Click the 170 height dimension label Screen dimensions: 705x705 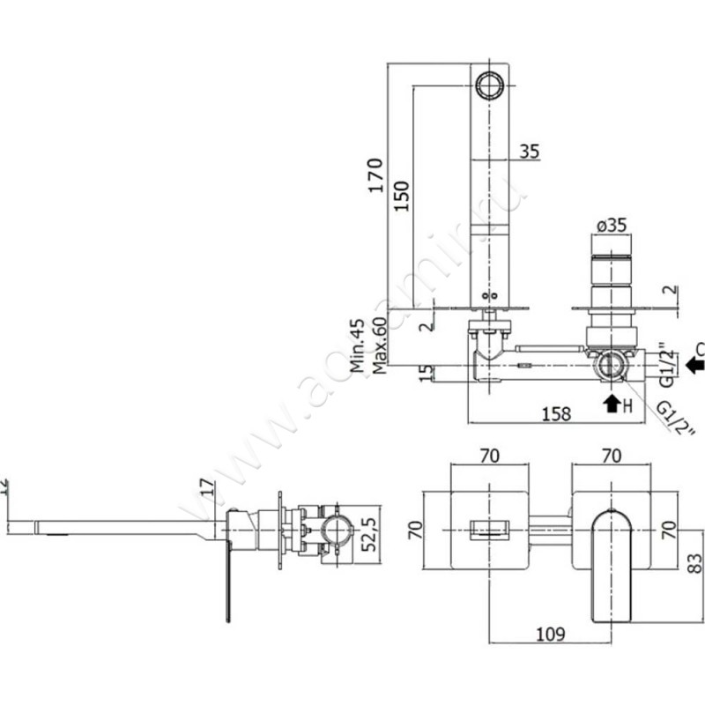coord(375,175)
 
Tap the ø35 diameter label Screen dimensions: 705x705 coord(611,225)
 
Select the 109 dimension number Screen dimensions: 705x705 coord(550,633)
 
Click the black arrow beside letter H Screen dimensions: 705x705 coord(609,404)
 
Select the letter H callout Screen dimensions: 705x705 coord(627,406)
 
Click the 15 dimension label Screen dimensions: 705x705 coord(426,374)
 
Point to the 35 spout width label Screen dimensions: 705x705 coord(529,151)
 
